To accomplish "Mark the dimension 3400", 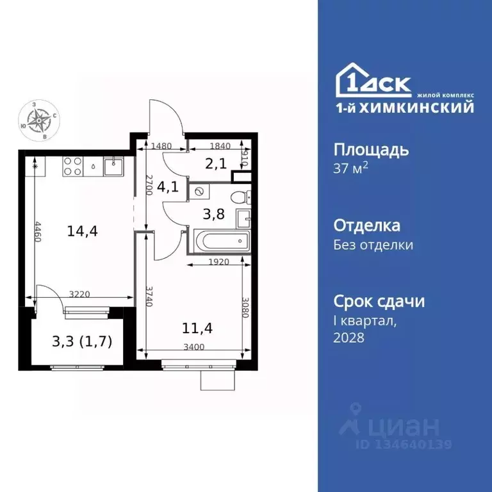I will pyautogui.click(x=193, y=347).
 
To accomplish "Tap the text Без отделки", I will pyautogui.click(x=373, y=245).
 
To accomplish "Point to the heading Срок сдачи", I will pyautogui.click(x=379, y=301).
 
